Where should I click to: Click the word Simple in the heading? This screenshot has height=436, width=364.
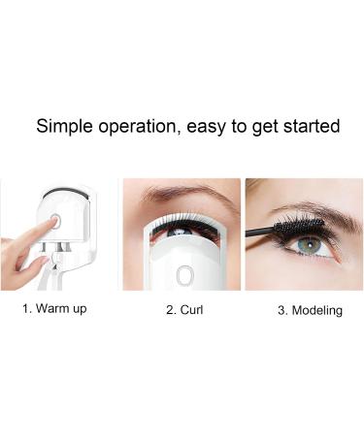(x=63, y=127)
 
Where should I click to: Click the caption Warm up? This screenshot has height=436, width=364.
(x=62, y=311)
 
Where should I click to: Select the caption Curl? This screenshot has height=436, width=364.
(x=188, y=311)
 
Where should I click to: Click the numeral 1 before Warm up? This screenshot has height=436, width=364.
(x=26, y=311)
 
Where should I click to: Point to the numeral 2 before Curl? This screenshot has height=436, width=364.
(x=168, y=311)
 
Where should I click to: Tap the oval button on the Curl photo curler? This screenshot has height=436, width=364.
(x=183, y=275)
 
